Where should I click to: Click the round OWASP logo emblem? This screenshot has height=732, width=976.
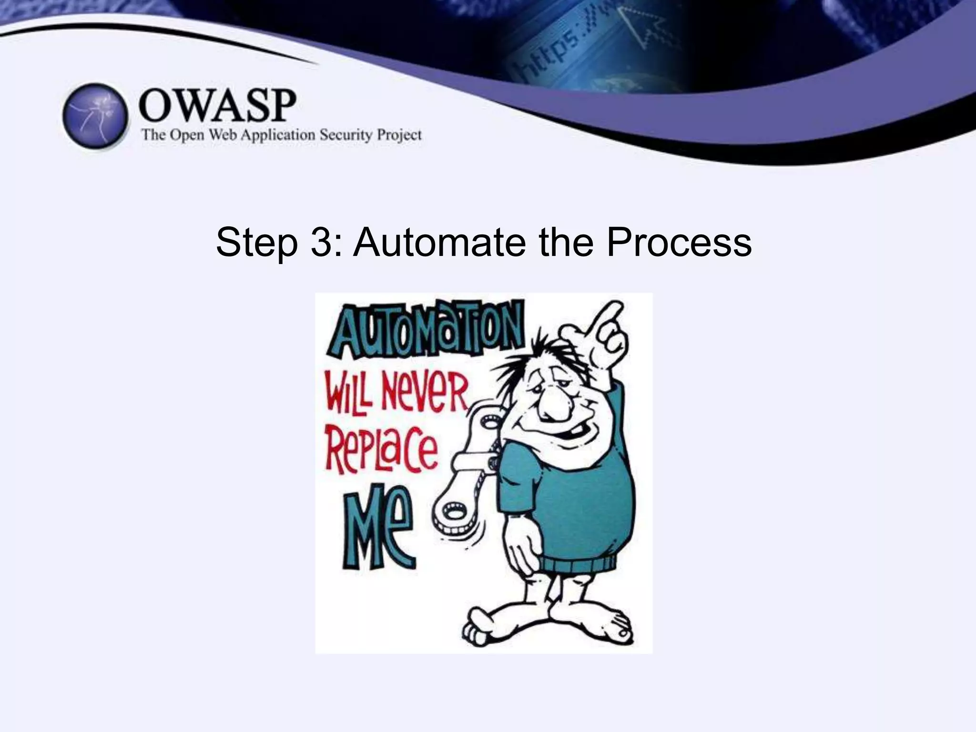[96, 117]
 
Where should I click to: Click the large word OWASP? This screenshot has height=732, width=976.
[217, 106]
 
